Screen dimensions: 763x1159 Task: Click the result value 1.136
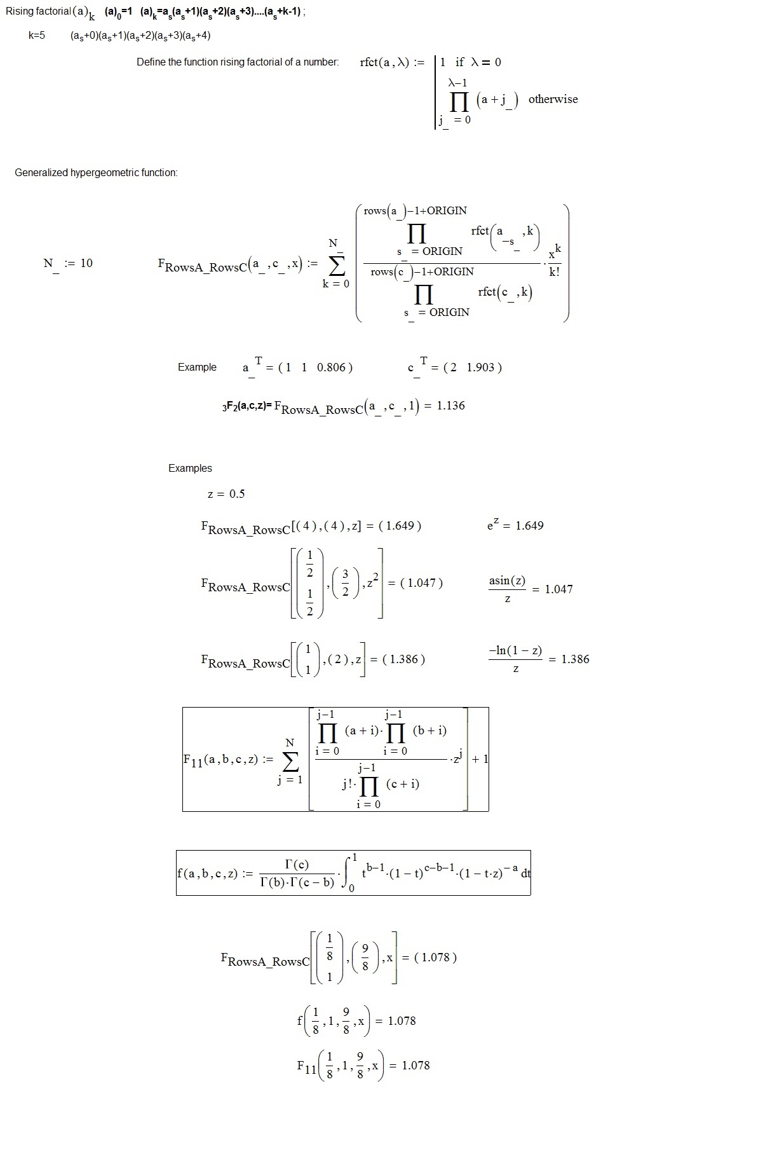point(450,406)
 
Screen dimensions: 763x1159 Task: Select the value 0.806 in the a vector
point(330,367)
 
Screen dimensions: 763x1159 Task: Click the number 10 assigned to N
point(86,263)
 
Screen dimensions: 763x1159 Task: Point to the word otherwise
point(553,99)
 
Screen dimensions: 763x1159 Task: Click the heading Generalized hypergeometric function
point(96,173)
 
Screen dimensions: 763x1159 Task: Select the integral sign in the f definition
point(348,874)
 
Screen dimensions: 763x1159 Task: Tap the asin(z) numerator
point(507,580)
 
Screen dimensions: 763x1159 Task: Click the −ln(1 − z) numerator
point(515,650)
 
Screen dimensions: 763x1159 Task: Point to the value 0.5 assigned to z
point(237,494)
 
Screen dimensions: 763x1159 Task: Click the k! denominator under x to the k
point(555,272)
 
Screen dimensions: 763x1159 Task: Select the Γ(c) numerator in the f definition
point(297,865)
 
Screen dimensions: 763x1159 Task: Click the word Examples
point(190,469)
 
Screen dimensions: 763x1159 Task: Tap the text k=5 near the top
point(37,36)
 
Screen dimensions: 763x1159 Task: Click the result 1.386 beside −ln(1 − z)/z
point(575,659)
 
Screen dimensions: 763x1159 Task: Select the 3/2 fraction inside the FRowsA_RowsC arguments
point(346,583)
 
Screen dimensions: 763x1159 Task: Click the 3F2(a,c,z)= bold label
point(247,406)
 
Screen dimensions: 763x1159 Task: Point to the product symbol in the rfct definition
point(459,101)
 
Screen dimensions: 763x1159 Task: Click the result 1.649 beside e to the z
point(529,526)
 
